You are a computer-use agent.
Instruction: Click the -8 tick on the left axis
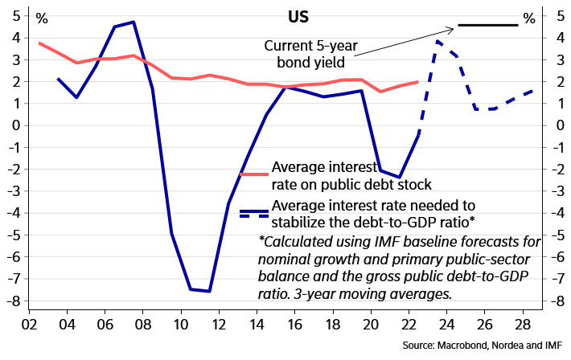(13, 302)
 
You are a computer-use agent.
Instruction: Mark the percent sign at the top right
(528, 17)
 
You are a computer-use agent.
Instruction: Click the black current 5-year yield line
(487, 25)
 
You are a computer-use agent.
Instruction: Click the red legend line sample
(254, 174)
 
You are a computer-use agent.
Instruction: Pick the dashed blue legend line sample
(254, 213)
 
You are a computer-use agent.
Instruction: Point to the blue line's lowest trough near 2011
(209, 291)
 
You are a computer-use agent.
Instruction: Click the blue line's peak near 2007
(133, 22)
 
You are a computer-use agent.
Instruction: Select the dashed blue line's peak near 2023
(437, 40)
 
